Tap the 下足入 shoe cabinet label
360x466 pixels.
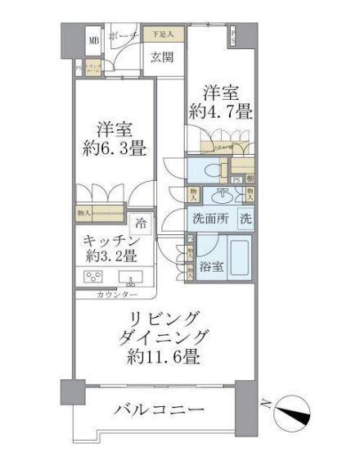point(161,35)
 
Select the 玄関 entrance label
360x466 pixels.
point(161,57)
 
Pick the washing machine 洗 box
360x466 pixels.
point(245,219)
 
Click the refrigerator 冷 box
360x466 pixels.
point(142,223)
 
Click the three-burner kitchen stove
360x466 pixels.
point(93,276)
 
